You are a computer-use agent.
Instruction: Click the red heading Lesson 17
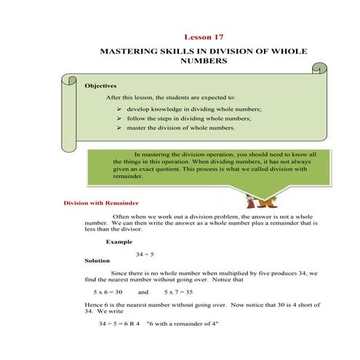coord(204,36)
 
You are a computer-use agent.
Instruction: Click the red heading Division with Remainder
coord(102,203)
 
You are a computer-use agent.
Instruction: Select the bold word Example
coord(119,241)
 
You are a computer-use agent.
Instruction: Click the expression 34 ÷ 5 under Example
coord(145,254)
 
